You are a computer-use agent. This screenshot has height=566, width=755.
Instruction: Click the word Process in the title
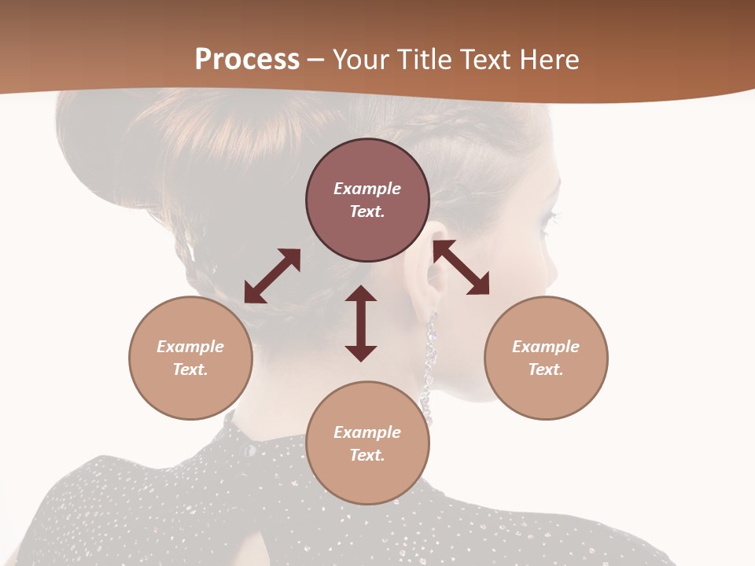247,59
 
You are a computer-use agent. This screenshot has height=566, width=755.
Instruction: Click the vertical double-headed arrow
361,323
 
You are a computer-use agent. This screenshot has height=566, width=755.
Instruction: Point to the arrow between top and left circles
272,276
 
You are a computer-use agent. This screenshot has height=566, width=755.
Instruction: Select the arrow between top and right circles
461,268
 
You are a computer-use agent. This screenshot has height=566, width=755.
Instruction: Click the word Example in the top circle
367,189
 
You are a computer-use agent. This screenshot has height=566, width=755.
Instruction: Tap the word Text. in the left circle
190,369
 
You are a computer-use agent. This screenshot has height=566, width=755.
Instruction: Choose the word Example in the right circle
546,347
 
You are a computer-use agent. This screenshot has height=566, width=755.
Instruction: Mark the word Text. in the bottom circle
367,455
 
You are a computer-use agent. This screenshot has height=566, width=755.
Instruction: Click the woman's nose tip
554,275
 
